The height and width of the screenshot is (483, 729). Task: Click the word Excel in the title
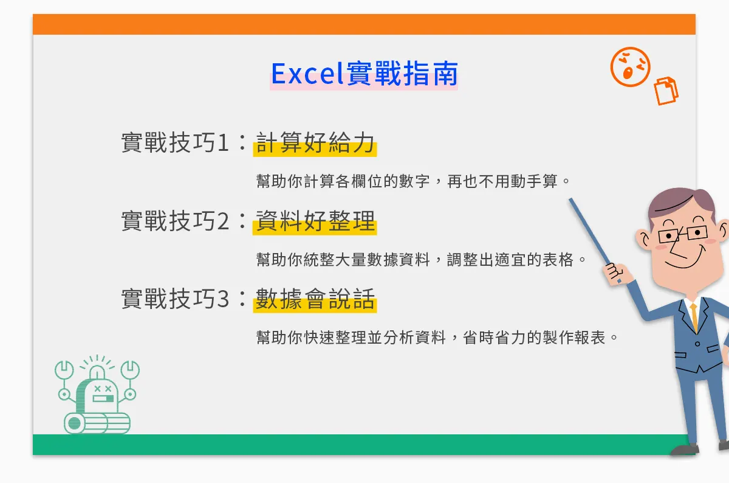tap(307, 74)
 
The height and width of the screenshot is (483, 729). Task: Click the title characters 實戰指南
tap(402, 74)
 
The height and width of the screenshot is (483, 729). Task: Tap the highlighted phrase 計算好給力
tap(315, 143)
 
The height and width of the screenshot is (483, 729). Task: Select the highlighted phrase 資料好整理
tap(315, 221)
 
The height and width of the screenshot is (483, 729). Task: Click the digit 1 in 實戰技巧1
tap(224, 143)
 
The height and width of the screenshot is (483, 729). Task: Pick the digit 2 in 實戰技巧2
tap(223, 221)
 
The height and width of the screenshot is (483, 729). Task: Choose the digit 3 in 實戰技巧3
tap(223, 299)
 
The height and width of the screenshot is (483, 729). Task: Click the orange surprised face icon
tap(630, 67)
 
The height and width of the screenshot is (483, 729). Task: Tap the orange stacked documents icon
tap(666, 91)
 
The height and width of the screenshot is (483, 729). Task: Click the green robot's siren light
tap(97, 372)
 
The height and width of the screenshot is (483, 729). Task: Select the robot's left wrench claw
tap(64, 370)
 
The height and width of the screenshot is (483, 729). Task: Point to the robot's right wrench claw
tap(130, 370)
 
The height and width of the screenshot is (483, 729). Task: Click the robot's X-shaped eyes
tap(103, 389)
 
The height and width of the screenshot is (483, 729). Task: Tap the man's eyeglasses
tap(683, 234)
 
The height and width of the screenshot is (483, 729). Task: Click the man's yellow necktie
tap(694, 317)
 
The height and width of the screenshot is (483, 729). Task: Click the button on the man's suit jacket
tap(697, 344)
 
